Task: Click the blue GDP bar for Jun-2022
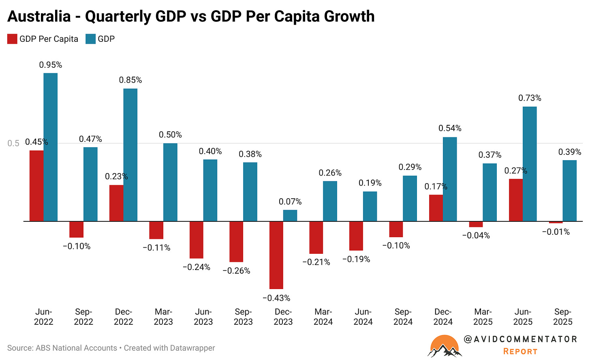(51, 147)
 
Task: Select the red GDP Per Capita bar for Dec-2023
(276, 255)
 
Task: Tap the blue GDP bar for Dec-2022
(130, 155)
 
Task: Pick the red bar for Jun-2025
(516, 200)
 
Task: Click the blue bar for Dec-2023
(290, 216)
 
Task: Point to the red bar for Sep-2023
(236, 242)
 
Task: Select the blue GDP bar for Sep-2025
(569, 191)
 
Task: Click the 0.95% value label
(51, 65)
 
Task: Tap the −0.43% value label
(276, 298)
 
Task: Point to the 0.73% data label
(530, 98)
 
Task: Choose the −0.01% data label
(556, 232)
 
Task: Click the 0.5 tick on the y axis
(13, 144)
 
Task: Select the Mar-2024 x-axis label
(323, 317)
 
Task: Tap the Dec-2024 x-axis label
(443, 317)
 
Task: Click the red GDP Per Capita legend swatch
(12, 39)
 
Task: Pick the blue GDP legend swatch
(91, 39)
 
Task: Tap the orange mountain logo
(445, 346)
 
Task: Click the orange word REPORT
(520, 351)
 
